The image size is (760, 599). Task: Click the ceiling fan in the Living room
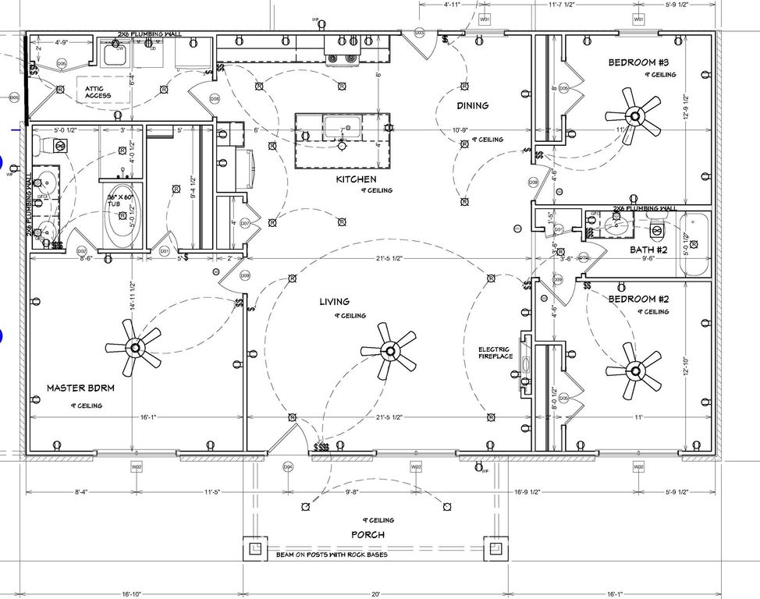pyautogui.click(x=387, y=349)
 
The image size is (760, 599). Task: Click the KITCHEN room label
pyautogui.click(x=356, y=179)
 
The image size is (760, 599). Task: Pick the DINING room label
pyautogui.click(x=472, y=105)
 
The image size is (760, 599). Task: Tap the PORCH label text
pyautogui.click(x=368, y=534)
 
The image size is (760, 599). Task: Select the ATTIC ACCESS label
pyautogui.click(x=98, y=92)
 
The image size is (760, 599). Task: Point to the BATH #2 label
pyautogui.click(x=648, y=250)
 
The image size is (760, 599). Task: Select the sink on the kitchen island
pyautogui.click(x=342, y=126)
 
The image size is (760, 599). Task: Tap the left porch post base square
pyautogui.click(x=255, y=548)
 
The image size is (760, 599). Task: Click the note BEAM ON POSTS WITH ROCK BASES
pyautogui.click(x=331, y=555)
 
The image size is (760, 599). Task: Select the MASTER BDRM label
pyautogui.click(x=80, y=388)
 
